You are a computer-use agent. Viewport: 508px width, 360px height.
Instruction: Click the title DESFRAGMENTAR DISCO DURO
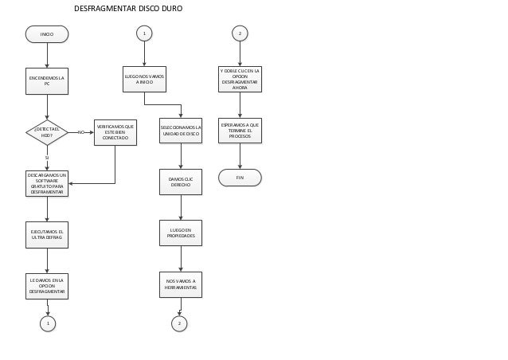(128, 9)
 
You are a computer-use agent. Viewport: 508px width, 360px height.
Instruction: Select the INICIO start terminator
(47, 34)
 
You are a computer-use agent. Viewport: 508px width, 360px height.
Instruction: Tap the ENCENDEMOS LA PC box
(47, 80)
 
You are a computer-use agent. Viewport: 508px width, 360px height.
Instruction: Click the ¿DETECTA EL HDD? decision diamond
(47, 132)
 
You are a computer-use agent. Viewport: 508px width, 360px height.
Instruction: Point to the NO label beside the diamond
(80, 132)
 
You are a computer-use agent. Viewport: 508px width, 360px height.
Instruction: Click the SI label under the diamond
(47, 158)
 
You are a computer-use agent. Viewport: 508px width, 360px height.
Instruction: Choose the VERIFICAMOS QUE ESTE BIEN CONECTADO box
(115, 132)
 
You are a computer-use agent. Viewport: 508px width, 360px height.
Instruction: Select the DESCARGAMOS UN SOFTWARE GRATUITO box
(47, 183)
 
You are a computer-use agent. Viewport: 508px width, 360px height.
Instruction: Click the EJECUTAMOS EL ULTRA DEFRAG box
(47, 234)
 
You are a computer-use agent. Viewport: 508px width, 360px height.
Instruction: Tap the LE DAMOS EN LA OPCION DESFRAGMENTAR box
(47, 286)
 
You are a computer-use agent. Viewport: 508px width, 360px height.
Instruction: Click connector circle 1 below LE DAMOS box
(48, 323)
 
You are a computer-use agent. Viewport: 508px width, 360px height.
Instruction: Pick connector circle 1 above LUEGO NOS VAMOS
(144, 33)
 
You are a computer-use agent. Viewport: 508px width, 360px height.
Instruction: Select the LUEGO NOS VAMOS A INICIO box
(144, 79)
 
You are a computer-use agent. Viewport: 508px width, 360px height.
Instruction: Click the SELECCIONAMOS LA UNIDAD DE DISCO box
(181, 131)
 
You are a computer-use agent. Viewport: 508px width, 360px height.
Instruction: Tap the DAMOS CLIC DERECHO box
(181, 182)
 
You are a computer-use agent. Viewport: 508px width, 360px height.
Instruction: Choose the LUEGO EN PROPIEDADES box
(181, 233)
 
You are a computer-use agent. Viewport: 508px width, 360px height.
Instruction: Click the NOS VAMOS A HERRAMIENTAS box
(181, 284)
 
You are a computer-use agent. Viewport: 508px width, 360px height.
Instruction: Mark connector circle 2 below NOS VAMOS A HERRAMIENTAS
(179, 323)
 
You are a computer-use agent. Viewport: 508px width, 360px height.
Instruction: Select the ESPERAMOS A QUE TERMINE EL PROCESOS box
(240, 131)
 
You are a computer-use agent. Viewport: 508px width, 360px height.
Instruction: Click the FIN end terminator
(240, 178)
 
